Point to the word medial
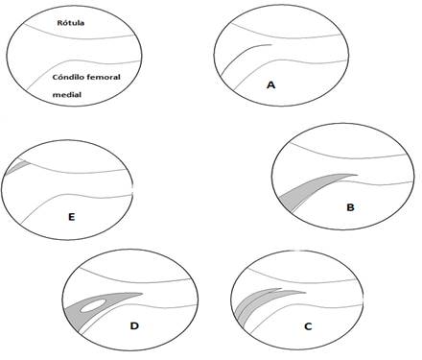click(x=69, y=95)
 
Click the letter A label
click(x=271, y=85)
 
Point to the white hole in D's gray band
click(x=94, y=307)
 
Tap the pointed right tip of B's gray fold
click(x=355, y=174)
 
